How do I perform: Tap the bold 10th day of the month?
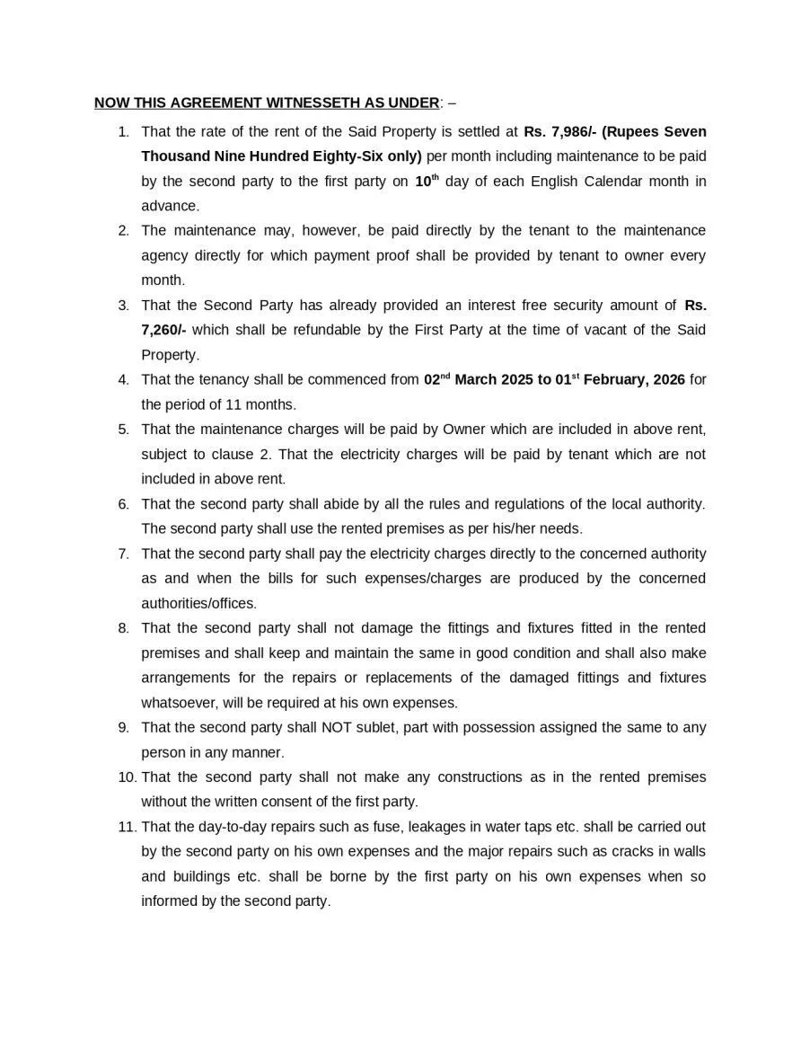pos(427,181)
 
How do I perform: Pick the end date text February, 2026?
pos(632,379)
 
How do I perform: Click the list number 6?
pos(124,503)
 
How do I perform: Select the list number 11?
pos(127,826)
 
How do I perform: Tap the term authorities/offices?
pos(198,603)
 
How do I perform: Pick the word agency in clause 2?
pos(163,255)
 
